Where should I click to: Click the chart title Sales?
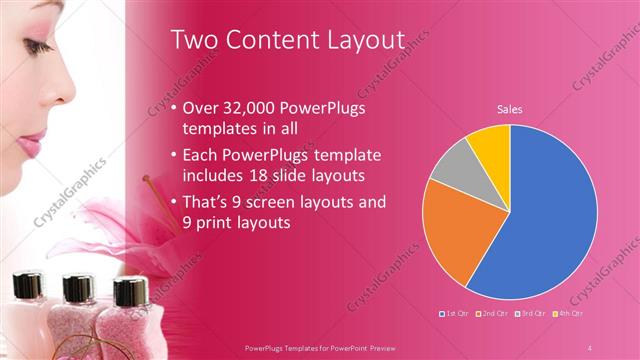[x=510, y=110]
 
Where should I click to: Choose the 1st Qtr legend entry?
[x=455, y=313]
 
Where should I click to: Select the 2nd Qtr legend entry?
[x=492, y=313]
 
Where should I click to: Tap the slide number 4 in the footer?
[x=590, y=347]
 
